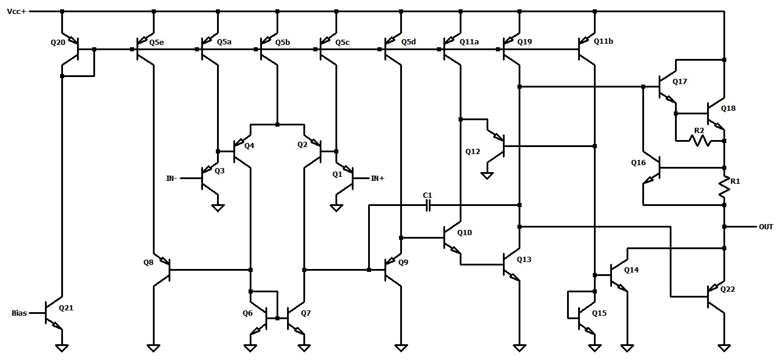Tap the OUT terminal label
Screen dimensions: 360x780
point(766,226)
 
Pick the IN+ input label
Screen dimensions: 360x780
point(377,178)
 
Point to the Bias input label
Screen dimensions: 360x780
point(19,313)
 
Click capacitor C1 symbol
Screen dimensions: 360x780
point(428,205)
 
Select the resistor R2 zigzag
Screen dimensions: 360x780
point(699,140)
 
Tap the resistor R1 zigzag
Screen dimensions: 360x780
point(724,186)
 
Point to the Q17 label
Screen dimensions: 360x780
point(680,82)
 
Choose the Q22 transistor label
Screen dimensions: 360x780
point(727,289)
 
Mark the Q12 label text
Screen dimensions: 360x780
point(473,152)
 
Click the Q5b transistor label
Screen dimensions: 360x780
point(282,42)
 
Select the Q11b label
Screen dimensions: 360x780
point(603,42)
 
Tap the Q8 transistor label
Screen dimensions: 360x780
point(148,263)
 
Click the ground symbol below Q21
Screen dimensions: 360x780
point(61,348)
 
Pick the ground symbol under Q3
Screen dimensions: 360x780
point(218,208)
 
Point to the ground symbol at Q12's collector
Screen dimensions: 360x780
point(487,175)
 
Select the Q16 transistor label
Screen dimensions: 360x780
point(638,163)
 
